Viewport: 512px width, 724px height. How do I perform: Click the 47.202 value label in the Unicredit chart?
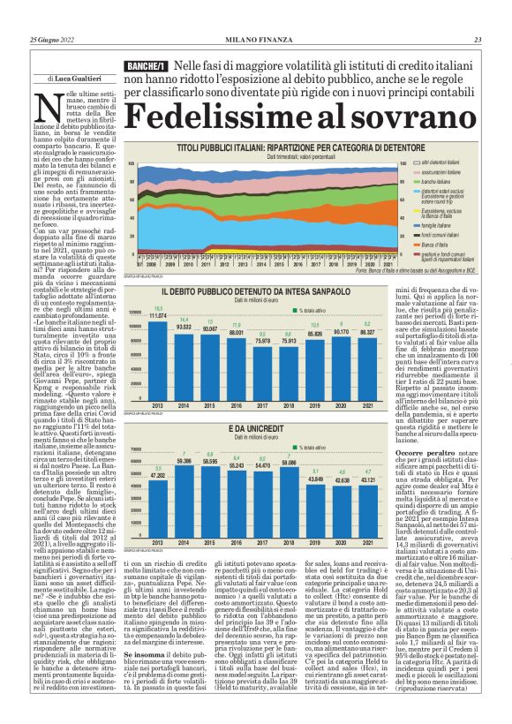158,475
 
